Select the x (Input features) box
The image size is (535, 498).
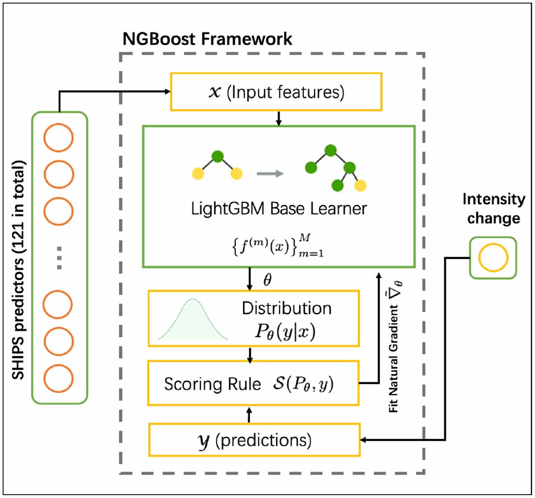(276, 92)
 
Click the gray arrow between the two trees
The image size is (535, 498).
(270, 173)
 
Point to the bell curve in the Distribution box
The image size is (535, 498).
(193, 320)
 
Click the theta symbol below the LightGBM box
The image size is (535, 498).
(268, 281)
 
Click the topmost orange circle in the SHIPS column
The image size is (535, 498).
(58, 138)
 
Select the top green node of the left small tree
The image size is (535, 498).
(217, 156)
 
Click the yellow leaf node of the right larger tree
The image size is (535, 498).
(361, 185)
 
